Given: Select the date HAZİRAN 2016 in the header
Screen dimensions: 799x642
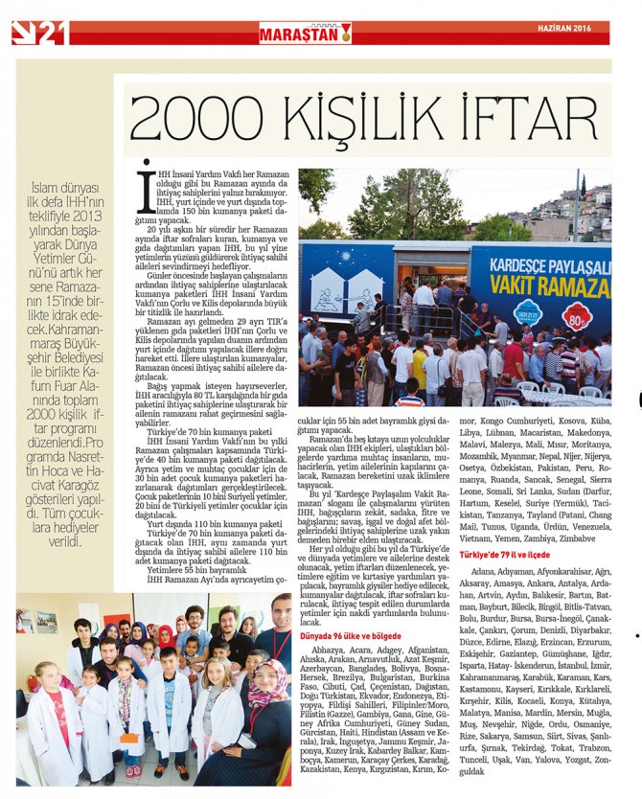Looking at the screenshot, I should point(571,28).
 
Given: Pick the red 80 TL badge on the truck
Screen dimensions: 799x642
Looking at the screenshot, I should point(577,314).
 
